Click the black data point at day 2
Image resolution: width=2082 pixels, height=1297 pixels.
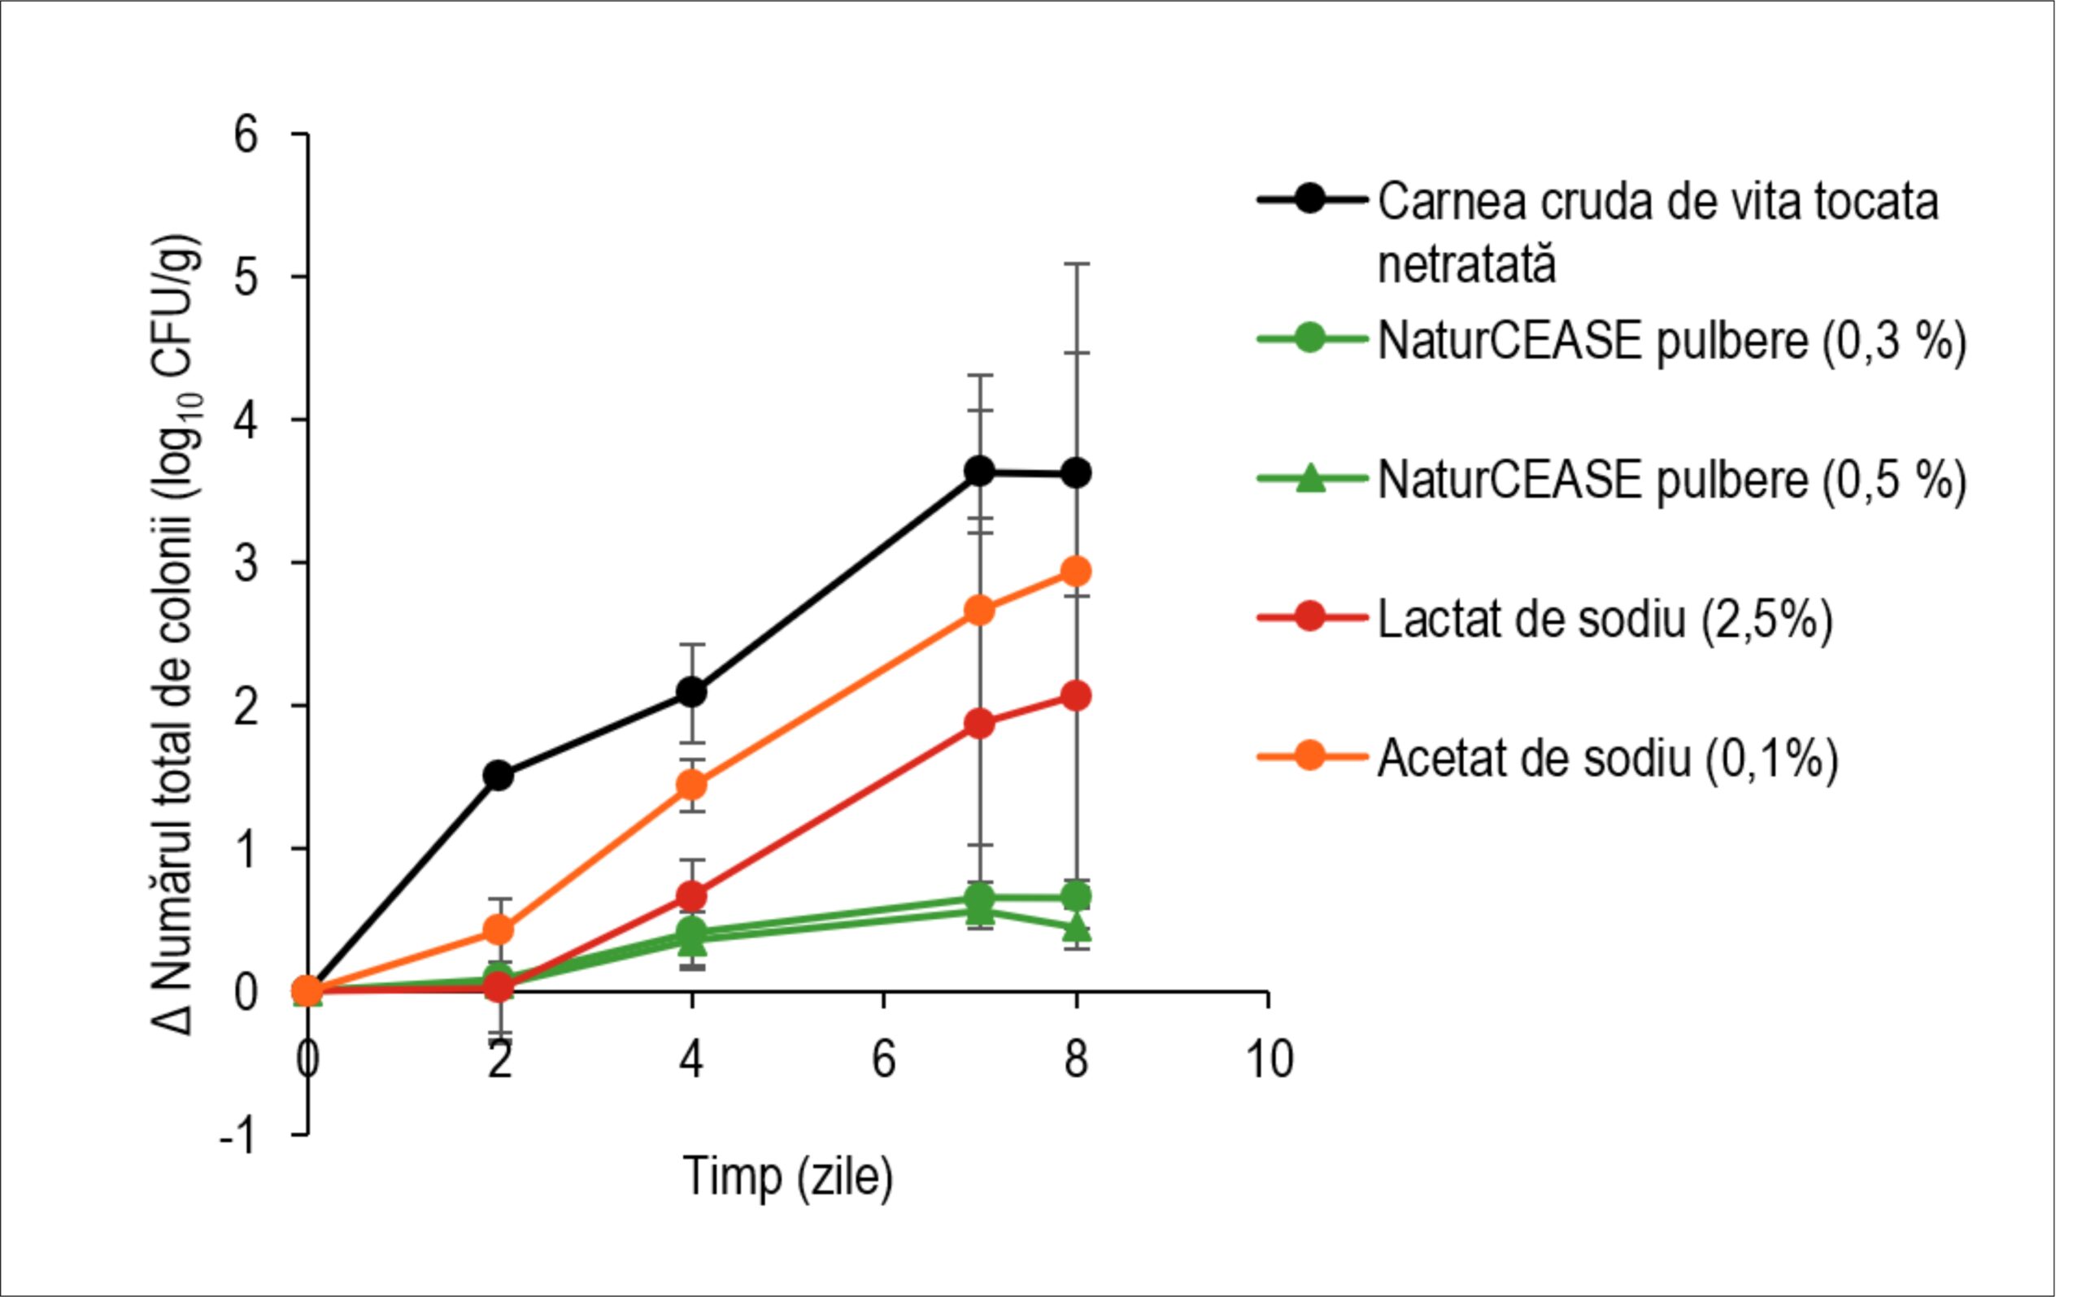(499, 776)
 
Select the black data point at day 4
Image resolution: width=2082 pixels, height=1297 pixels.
(691, 691)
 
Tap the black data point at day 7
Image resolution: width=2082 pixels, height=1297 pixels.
(980, 471)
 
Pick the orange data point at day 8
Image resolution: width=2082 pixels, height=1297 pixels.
(1077, 572)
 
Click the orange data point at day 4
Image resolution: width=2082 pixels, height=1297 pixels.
(691, 784)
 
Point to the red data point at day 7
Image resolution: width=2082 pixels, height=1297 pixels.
(980, 723)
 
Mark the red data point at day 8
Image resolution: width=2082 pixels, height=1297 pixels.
(1077, 696)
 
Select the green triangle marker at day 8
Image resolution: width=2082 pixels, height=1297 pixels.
(1077, 927)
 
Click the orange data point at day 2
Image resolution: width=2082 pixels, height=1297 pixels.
(499, 929)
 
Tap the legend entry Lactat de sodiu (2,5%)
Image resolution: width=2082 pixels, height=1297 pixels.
(1604, 619)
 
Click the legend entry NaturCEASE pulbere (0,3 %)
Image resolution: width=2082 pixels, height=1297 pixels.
(1671, 342)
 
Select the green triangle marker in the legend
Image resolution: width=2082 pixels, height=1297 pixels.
(1310, 480)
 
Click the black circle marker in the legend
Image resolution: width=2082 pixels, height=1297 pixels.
(1310, 200)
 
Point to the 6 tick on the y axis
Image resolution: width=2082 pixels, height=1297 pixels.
(299, 134)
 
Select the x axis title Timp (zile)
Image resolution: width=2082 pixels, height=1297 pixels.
(788, 1177)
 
